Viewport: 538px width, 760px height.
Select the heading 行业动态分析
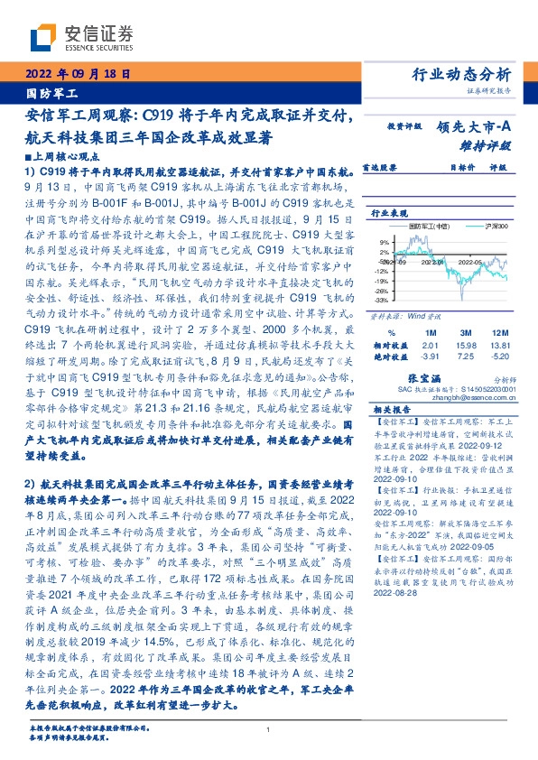(461, 74)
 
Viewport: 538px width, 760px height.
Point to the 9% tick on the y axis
(384, 242)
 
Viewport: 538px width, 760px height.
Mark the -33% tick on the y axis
(382, 300)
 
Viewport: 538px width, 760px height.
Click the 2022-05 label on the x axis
(472, 261)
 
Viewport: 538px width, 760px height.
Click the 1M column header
(430, 331)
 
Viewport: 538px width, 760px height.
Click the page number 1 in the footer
(269, 729)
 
